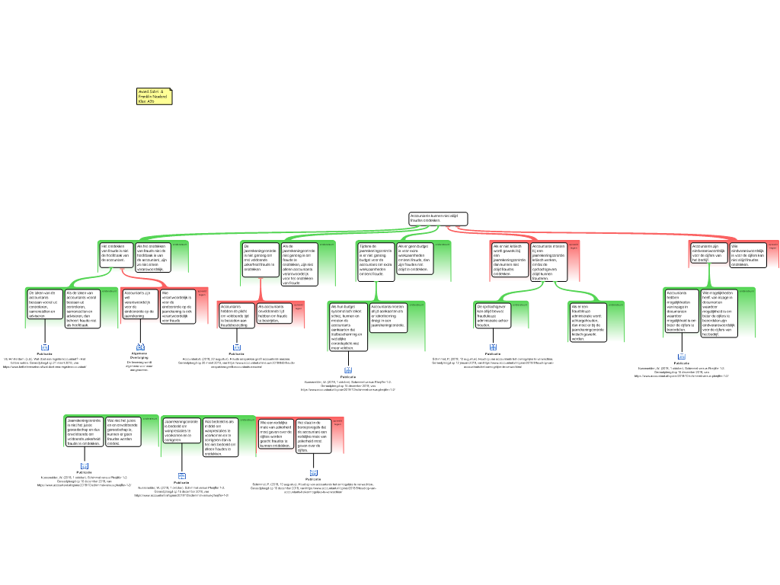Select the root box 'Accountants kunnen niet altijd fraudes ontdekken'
coord(437,219)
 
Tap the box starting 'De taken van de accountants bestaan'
coord(44,304)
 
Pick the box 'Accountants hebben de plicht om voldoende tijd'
coord(236,313)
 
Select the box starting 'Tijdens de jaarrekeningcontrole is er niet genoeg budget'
coord(376,259)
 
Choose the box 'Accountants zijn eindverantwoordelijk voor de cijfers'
coord(709,253)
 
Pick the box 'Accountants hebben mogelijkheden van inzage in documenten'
coord(681,311)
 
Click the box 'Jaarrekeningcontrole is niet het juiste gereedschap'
coord(84,432)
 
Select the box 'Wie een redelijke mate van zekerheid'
coord(275,434)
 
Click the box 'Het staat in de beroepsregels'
coord(313,436)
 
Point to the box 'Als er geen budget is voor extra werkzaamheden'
coord(414,258)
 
